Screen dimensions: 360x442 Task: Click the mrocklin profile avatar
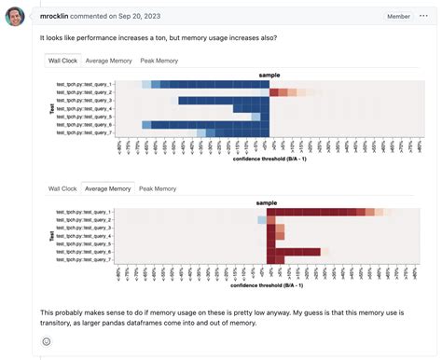click(x=15, y=17)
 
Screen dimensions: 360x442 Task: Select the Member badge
click(x=397, y=17)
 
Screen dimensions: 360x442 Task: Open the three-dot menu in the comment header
click(x=425, y=17)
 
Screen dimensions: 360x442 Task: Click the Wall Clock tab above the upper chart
click(x=62, y=61)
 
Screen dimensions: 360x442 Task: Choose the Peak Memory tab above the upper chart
click(x=159, y=61)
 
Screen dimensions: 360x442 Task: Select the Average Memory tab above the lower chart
click(x=108, y=188)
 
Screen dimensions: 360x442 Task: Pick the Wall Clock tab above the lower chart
click(x=62, y=188)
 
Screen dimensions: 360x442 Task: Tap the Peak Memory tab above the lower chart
click(x=158, y=188)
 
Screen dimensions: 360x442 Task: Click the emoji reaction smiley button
click(x=47, y=341)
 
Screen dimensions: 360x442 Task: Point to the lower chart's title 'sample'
click(x=268, y=202)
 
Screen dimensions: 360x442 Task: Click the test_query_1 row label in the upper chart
click(x=85, y=84)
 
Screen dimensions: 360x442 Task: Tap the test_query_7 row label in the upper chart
click(x=85, y=133)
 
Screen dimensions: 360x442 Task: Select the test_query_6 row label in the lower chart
click(x=85, y=252)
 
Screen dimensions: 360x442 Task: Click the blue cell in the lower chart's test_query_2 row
click(x=262, y=220)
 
